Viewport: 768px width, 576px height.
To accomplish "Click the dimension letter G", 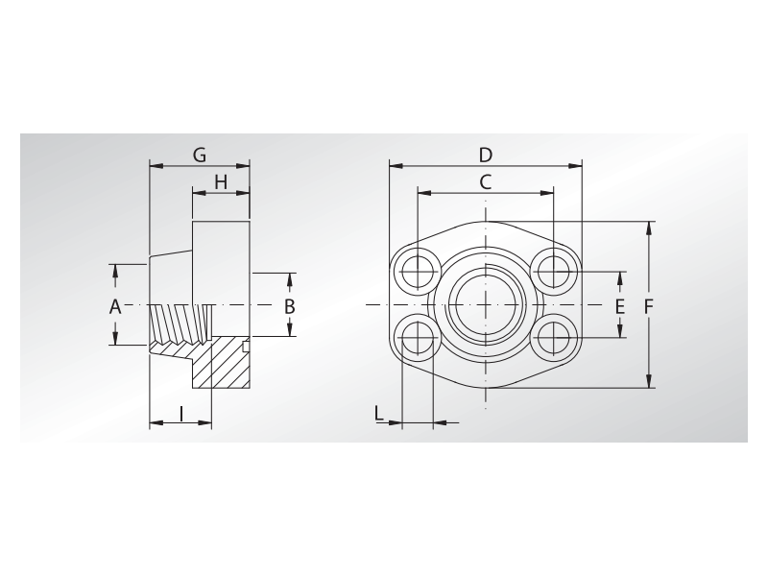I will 200,155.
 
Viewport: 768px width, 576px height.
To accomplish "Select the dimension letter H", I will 220,182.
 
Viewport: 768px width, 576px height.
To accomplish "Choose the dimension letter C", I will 486,181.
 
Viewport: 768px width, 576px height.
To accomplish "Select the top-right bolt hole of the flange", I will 554,271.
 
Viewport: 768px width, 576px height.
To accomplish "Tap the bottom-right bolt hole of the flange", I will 554,338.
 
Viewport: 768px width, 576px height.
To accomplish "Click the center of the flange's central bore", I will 486,304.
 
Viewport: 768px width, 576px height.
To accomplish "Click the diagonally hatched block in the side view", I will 221,365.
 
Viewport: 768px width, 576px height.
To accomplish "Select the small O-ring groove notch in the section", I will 246,346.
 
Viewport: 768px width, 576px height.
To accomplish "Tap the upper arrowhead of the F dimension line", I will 651,227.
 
